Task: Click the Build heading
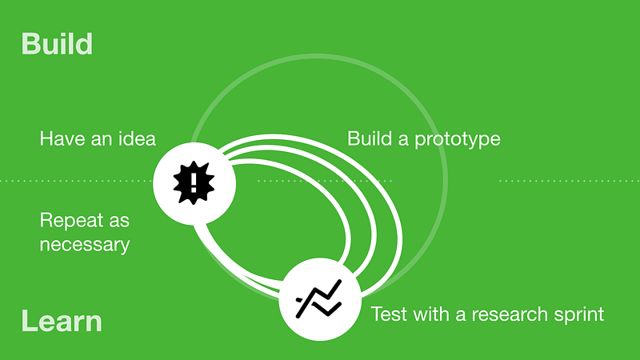[57, 44]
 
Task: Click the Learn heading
[62, 321]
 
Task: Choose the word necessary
[85, 246]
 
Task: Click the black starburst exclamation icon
[194, 182]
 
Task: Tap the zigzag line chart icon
[318, 298]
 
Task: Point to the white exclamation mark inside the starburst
[194, 182]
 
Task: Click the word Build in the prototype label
[370, 138]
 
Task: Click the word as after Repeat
[119, 222]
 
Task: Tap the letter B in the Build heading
[30, 44]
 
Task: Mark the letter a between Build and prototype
[403, 141]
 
